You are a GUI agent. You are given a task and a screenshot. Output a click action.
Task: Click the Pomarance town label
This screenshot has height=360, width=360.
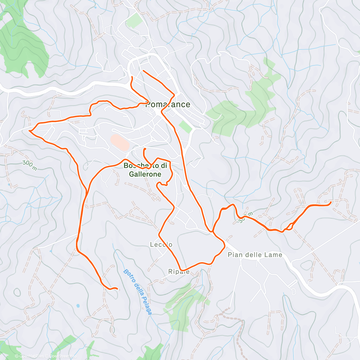pos(168,104)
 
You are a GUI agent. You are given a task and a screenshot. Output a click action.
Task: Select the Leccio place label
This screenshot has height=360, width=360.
pos(161,244)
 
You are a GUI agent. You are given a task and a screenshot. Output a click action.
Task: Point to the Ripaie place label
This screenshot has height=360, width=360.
pos(179,272)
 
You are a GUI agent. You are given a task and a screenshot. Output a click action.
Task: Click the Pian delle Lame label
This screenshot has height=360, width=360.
pos(255,255)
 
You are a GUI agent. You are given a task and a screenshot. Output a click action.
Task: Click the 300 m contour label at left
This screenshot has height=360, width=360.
pos(29,165)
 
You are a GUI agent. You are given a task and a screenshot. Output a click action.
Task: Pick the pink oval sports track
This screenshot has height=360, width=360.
pos(120,142)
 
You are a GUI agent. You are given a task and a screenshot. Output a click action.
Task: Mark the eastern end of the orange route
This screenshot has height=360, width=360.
pos(331,202)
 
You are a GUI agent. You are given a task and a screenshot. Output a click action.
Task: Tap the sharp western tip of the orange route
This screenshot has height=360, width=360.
pos(29,130)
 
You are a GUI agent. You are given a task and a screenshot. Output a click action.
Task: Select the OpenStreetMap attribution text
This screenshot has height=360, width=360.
pos(63,356)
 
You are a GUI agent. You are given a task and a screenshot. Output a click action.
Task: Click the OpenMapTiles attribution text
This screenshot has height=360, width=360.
pos(31,356)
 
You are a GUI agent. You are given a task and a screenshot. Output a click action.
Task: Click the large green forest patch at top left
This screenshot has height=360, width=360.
pos(24,45)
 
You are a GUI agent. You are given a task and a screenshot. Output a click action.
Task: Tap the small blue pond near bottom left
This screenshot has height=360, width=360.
pos(78,306)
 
